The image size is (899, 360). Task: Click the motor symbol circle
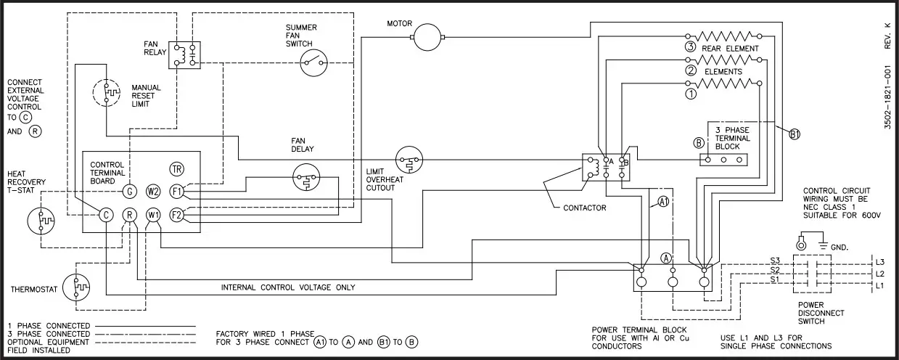coord(428,36)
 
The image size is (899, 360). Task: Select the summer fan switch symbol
coord(315,62)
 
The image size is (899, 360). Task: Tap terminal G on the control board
coord(129,192)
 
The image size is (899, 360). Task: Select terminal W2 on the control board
coord(153,192)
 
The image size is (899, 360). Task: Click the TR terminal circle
coord(176,168)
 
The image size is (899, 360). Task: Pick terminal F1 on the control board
coord(176,192)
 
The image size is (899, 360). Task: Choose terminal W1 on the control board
coord(153,215)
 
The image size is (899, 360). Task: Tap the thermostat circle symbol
coord(76,288)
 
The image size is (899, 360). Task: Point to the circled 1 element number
coord(690,93)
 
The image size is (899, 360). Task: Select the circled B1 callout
coord(794,134)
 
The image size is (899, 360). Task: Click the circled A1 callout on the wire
coord(662,202)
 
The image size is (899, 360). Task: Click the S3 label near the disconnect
coord(775,260)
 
